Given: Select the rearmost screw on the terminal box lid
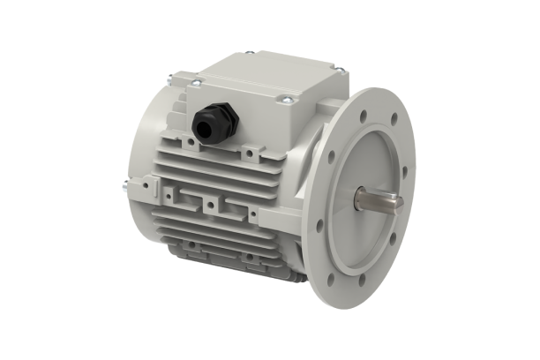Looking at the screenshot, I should [x=248, y=53].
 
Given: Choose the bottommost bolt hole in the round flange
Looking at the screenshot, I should [x=361, y=281].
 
